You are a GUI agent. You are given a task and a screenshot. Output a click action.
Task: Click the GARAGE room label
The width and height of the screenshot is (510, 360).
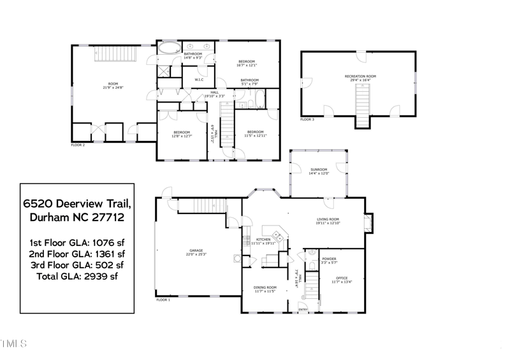[x=196, y=251]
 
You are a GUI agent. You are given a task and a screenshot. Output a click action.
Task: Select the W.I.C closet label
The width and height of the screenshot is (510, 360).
[x=199, y=80]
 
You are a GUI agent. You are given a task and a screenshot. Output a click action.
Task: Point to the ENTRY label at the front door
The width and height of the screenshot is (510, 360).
[x=303, y=310]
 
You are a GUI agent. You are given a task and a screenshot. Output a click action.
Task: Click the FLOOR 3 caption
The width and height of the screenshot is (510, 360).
[x=307, y=119]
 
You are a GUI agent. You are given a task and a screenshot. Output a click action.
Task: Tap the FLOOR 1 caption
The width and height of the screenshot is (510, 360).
[x=163, y=299]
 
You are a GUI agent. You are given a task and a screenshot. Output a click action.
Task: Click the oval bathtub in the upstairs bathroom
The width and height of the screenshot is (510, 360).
[x=169, y=48]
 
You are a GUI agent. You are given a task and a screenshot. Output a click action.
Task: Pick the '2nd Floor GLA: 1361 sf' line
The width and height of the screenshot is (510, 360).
[x=77, y=254]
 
